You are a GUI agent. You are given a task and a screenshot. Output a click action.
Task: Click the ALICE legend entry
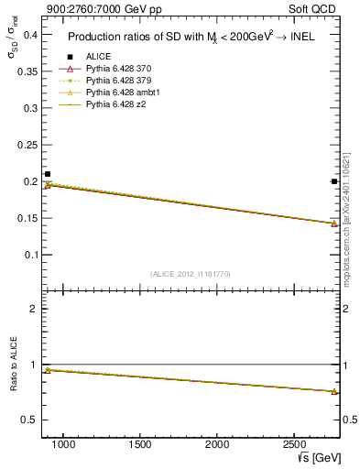coord(98,57)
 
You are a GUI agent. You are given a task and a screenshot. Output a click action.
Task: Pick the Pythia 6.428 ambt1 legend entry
coord(124,93)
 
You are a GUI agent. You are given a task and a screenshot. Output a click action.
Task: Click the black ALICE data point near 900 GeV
coord(48,174)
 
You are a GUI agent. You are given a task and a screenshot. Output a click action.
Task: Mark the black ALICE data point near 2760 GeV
coord(334,181)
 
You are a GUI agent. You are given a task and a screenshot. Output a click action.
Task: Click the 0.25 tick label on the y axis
coord(27,145)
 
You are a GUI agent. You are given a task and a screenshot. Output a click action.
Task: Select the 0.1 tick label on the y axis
coord(30,255)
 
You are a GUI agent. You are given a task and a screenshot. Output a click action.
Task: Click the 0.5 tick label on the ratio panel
coord(30,420)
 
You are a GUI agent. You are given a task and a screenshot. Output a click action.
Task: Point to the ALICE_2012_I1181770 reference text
coord(191,274)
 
